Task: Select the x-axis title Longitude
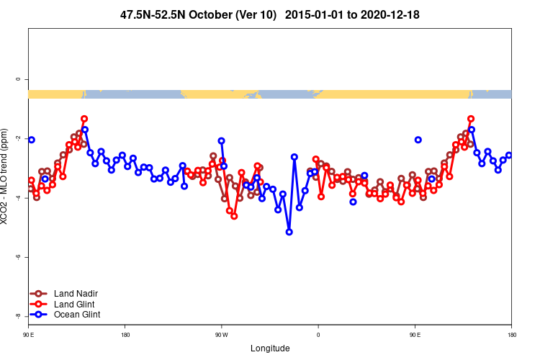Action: (270, 348)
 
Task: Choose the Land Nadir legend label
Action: (76, 294)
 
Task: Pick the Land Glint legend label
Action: (75, 304)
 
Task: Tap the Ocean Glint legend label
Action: (77, 314)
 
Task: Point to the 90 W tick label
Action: (221, 335)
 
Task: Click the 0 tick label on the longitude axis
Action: (318, 335)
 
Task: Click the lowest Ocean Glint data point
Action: (289, 232)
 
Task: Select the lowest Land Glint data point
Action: (234, 216)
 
